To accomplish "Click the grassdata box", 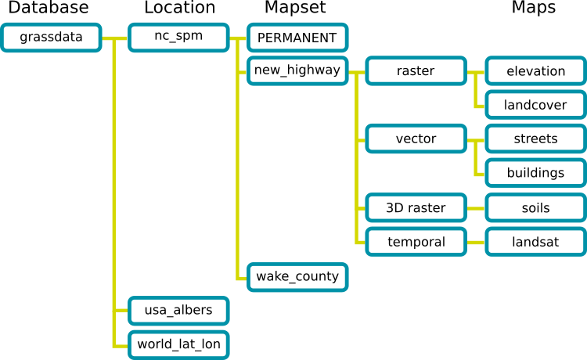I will coord(52,38).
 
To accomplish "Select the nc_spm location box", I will coord(178,38).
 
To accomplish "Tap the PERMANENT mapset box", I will coord(297,38).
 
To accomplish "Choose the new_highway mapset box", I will coord(297,71).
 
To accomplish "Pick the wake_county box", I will coord(297,276).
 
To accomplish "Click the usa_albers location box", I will coord(178,310).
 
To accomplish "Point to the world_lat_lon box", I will coord(178,344).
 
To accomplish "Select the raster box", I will coord(416,71).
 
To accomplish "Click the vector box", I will coord(416,139).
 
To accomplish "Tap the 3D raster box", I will coord(416,208).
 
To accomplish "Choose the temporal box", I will coord(416,242).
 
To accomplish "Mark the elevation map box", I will coord(535,71).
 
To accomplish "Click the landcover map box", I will coord(535,105).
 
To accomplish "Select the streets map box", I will coord(535,139).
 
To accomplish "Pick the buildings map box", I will coord(535,173).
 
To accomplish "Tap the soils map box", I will coord(535,208).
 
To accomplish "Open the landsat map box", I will coord(535,242).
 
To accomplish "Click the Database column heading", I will coord(49,9).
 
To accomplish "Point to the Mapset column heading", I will coord(295,9).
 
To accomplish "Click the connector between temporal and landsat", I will coord(476,242).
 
